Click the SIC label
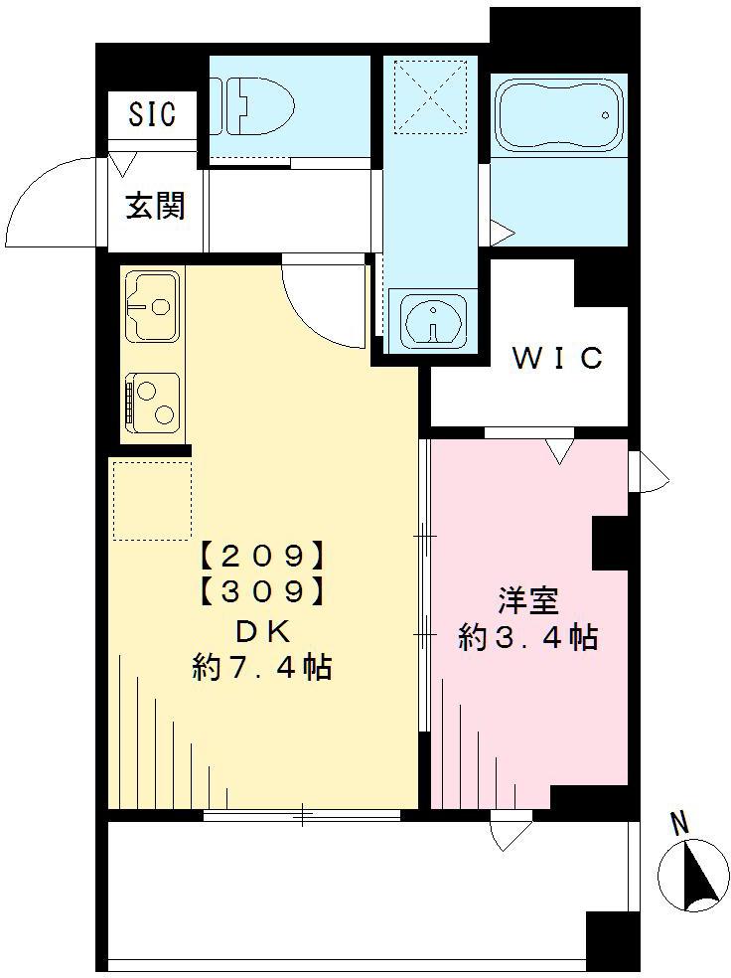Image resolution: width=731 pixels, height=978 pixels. click(152, 115)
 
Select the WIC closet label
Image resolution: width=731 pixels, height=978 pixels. click(557, 358)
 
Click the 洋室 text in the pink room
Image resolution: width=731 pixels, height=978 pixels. click(527, 601)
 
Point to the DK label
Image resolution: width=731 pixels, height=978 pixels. click(261, 630)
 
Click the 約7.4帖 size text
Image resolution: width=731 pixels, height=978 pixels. click(261, 668)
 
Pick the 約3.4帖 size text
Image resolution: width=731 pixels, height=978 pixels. click(527, 637)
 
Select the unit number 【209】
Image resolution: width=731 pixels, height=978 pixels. click(261, 554)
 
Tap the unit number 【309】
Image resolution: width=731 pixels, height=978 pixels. click(261, 591)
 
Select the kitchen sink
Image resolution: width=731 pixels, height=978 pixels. click(151, 305)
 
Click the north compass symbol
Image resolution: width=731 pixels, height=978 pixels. click(694, 876)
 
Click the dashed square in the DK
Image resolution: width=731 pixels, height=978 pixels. click(151, 501)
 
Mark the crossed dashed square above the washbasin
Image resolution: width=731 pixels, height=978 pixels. click(429, 95)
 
